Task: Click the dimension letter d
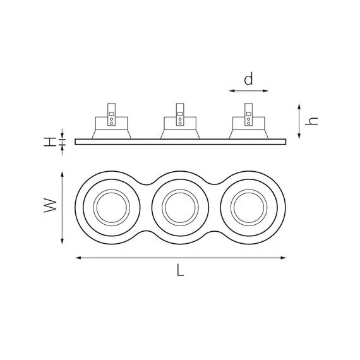(248, 79)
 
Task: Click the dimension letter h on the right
(311, 121)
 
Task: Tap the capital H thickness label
(50, 142)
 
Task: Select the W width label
(50, 205)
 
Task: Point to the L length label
(180, 270)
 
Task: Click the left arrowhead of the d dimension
(232, 91)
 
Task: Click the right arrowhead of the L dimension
(284, 258)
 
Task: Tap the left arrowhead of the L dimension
(78, 258)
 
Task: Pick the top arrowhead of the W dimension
(62, 174)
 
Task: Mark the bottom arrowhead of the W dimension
(62, 241)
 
